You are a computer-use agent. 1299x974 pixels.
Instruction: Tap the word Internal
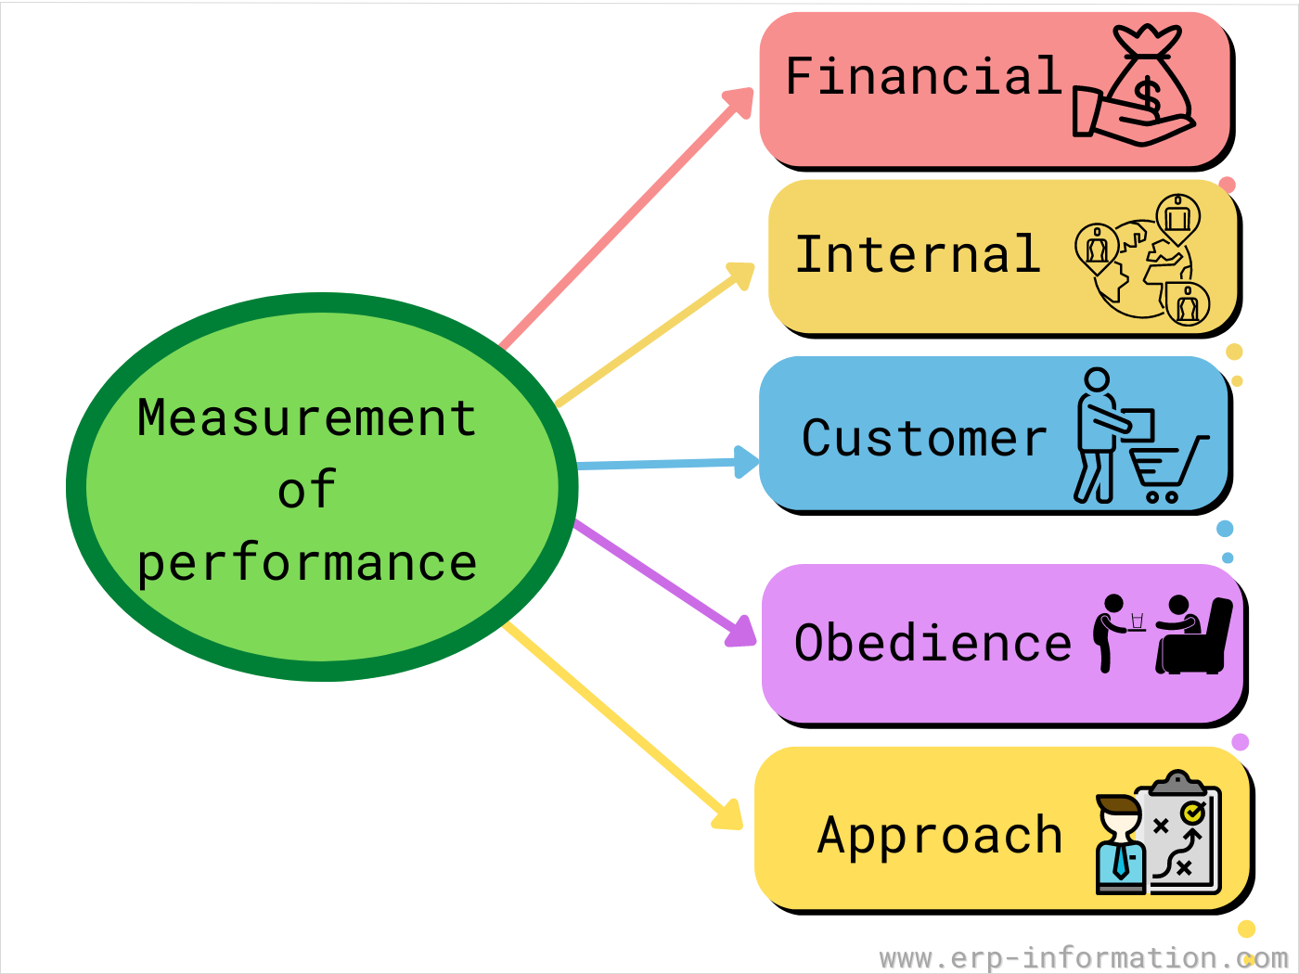coord(918,253)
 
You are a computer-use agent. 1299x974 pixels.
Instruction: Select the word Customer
coord(924,438)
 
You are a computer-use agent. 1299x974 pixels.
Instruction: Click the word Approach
coord(940,836)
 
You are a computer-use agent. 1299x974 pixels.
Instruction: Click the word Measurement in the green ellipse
coord(306,417)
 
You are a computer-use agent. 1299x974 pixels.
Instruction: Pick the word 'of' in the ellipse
coord(307,489)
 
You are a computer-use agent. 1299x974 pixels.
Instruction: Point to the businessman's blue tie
coord(1121,861)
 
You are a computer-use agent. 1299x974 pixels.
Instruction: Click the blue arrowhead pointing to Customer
coord(746,462)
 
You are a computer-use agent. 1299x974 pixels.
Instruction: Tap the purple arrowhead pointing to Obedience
coord(741,631)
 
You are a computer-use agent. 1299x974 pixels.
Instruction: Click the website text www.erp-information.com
coord(1084,957)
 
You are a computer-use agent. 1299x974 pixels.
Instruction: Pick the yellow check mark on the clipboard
coord(1193,813)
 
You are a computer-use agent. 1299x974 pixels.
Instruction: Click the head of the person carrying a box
coord(1098,379)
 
